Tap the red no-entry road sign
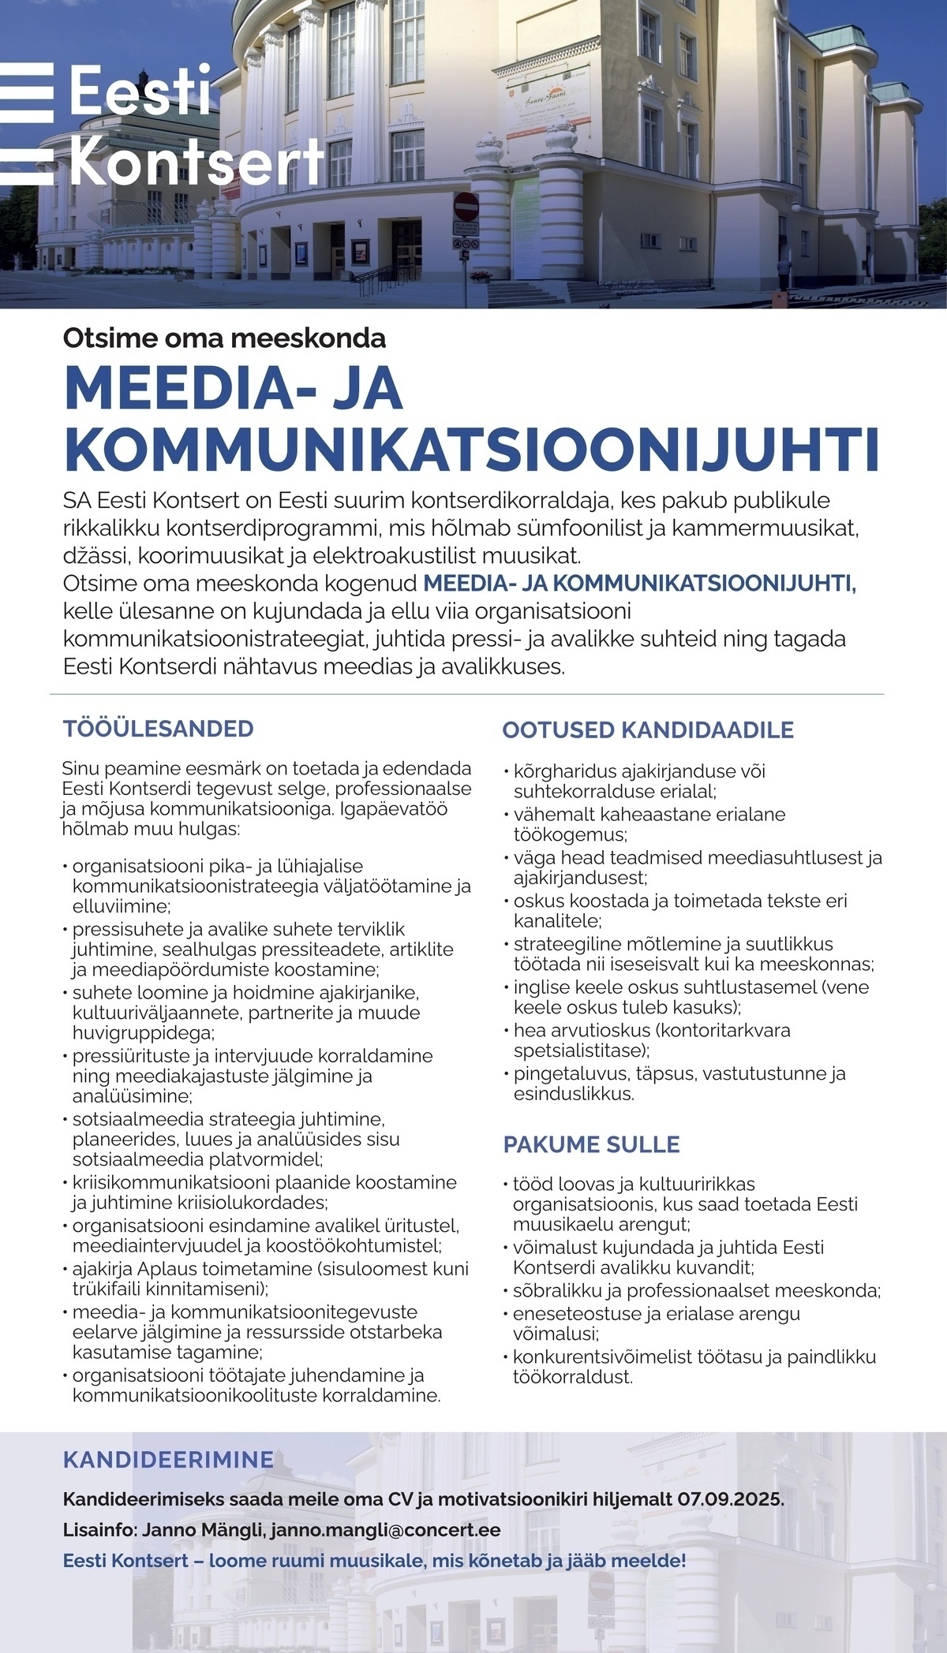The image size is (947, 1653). tap(466, 207)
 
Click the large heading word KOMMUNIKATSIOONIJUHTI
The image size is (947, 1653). tap(472, 446)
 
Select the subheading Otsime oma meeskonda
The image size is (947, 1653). tap(224, 338)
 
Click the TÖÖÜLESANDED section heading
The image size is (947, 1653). tap(158, 728)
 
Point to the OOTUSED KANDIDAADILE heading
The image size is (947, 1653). tap(648, 729)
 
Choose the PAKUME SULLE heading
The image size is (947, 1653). tap(591, 1144)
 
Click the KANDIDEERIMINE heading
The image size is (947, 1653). tap(168, 1460)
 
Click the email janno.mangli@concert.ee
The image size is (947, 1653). tap(385, 1530)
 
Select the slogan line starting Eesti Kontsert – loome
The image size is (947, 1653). tap(374, 1560)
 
